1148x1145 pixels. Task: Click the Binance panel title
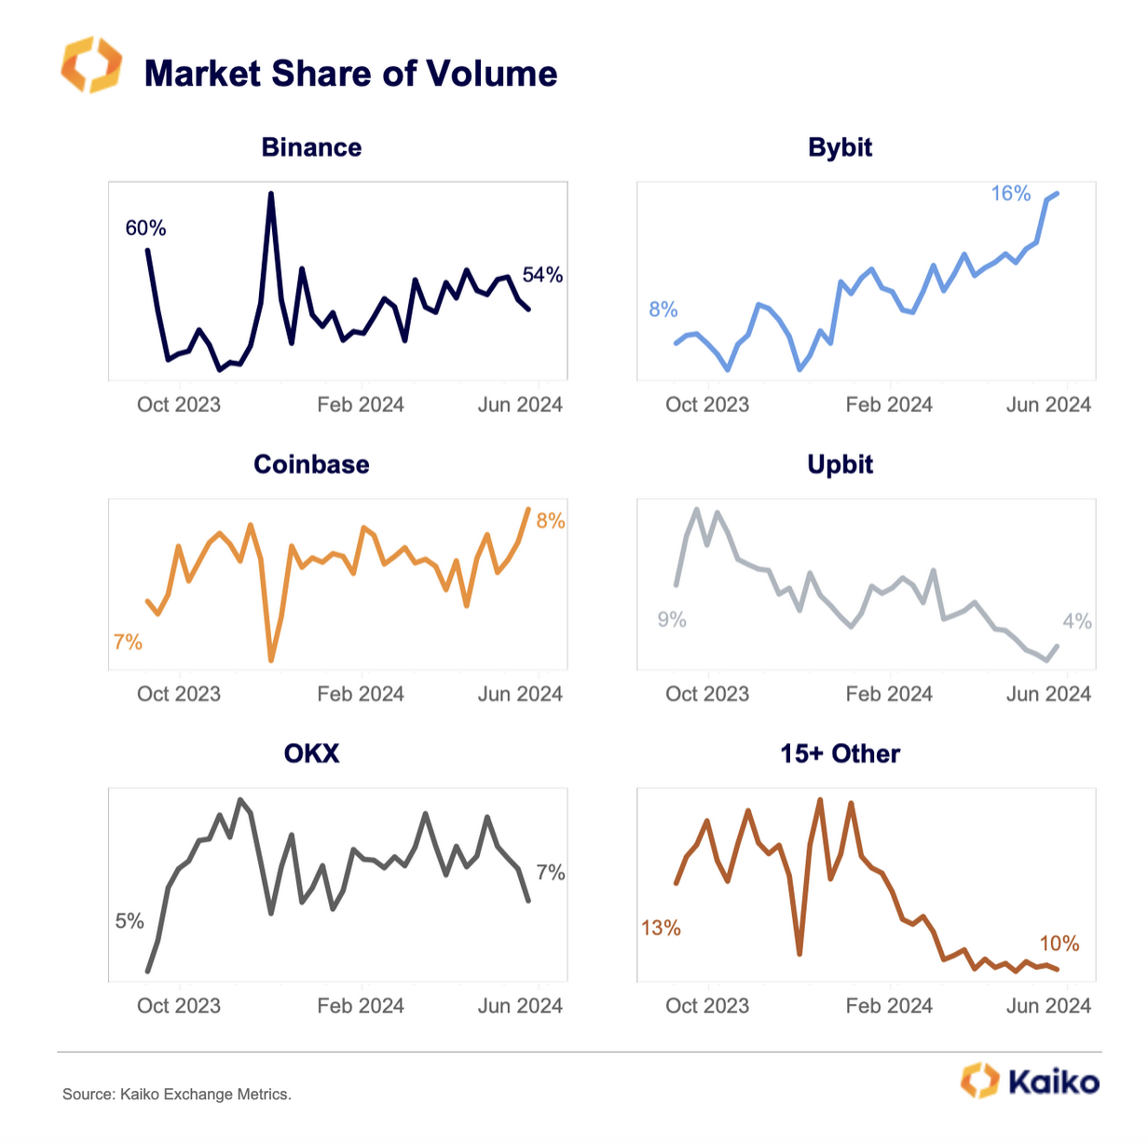(311, 147)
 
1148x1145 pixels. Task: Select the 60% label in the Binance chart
(145, 228)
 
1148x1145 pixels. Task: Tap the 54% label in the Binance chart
(542, 275)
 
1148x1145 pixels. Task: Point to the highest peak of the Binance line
(271, 194)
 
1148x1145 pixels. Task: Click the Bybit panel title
(840, 147)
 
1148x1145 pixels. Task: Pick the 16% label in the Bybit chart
(1010, 194)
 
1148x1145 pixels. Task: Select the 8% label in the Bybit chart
(663, 310)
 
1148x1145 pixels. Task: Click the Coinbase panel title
(311, 464)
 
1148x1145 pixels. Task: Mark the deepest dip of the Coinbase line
(271, 660)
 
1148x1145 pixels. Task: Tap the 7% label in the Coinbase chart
(128, 642)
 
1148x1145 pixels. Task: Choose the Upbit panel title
(840, 464)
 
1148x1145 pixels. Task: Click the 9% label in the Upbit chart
(672, 620)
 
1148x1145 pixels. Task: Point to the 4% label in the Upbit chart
(1077, 622)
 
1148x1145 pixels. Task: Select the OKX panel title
(311, 753)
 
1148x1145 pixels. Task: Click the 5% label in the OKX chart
(130, 922)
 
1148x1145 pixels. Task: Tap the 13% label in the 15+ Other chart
(661, 929)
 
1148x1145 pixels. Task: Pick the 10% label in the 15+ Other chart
(1059, 945)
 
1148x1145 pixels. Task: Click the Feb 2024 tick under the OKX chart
(361, 1006)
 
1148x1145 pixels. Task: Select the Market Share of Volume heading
(350, 74)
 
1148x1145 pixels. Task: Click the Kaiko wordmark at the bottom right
(1053, 1082)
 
